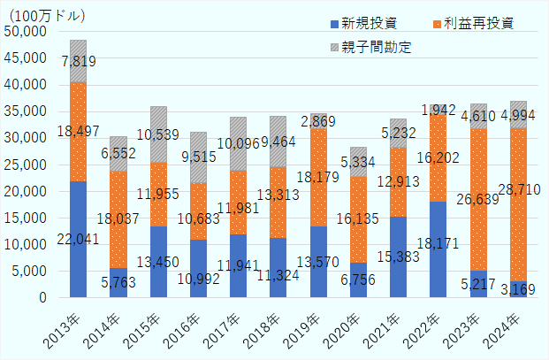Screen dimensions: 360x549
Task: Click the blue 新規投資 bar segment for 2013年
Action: pyautogui.click(x=78, y=239)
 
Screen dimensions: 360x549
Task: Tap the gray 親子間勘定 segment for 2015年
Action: pyautogui.click(x=158, y=134)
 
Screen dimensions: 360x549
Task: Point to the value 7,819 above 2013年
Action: pyautogui.click(x=79, y=61)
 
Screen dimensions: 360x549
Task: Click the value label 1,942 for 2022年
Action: pyautogui.click(x=438, y=111)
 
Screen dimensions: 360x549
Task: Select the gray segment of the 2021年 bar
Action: pyautogui.click(x=398, y=133)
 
